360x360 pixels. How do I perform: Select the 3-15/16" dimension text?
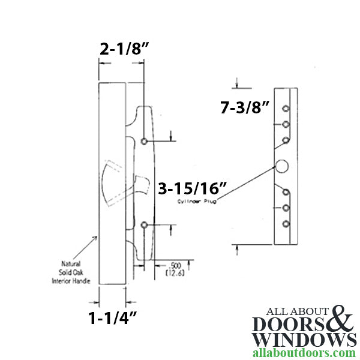191,189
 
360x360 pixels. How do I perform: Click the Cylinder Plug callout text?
196,202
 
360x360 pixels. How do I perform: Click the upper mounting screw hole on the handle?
144,141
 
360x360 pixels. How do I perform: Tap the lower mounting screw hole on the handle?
144,224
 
